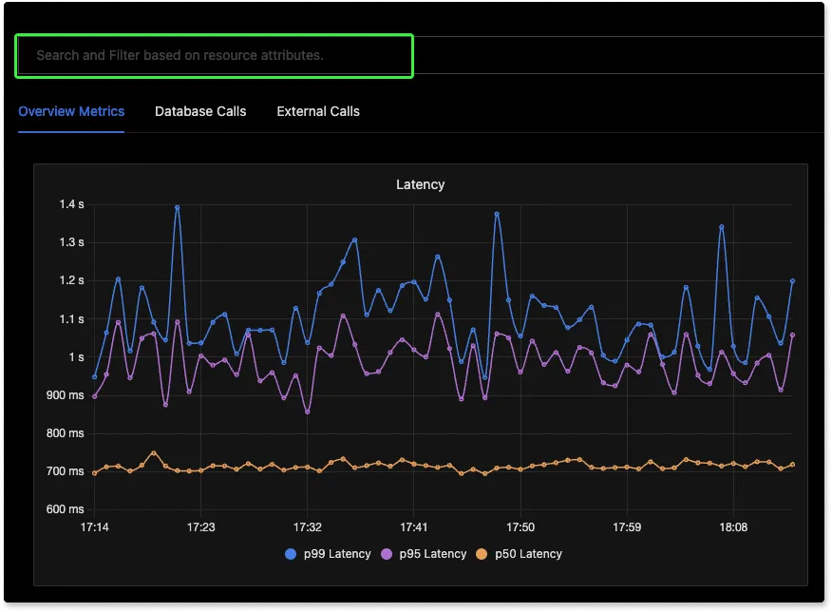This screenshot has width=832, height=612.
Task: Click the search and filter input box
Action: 215,55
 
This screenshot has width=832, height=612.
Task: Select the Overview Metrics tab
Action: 71,111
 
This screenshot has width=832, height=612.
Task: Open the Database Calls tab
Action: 200,111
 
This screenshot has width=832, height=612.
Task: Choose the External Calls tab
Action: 318,111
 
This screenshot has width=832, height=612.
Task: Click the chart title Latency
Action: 420,184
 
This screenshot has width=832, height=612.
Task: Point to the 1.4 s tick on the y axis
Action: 72,204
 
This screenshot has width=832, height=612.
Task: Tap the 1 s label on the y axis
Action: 76,357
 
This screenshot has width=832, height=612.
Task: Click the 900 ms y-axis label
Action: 66,395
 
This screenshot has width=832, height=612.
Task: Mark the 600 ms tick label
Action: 66,509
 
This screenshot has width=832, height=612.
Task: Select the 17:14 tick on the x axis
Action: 94,526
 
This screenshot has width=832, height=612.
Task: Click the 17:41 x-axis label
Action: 414,526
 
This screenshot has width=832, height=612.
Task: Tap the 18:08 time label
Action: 733,526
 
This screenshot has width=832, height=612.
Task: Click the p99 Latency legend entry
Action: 329,554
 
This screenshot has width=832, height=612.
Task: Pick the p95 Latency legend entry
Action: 424,554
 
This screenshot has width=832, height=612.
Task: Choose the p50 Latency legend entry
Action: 519,554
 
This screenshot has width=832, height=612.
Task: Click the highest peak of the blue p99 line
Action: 177,207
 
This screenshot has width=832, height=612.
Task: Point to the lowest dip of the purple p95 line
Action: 307,412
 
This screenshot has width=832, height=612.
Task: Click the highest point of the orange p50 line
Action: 153,453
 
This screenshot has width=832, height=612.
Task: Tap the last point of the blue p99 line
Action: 792,281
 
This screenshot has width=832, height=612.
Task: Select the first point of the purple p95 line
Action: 94,396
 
